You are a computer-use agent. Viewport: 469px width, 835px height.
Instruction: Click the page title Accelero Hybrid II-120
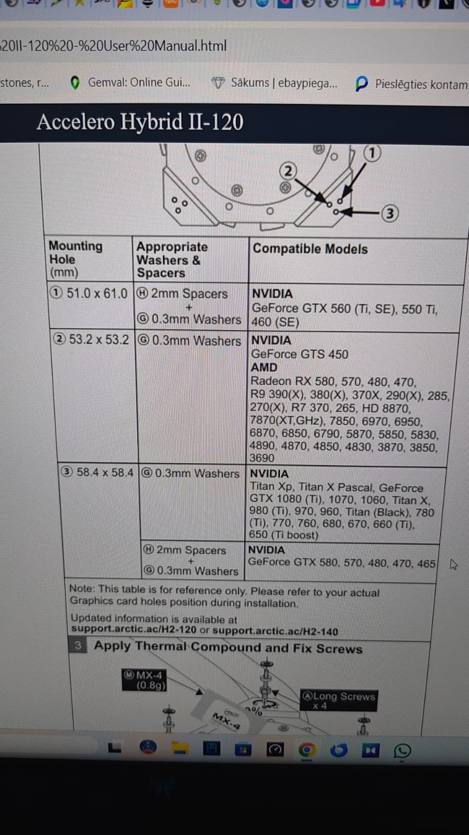tap(140, 122)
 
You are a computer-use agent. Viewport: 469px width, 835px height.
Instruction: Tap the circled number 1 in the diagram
tap(372, 153)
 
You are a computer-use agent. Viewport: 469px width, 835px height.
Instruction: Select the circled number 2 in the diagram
tap(288, 171)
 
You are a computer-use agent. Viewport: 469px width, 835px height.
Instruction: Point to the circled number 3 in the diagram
tap(390, 214)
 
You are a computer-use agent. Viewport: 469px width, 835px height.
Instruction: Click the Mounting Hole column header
tap(76, 258)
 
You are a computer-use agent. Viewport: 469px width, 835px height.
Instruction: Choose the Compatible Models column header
tap(310, 249)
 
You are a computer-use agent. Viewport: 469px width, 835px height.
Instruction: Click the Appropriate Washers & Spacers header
tap(172, 260)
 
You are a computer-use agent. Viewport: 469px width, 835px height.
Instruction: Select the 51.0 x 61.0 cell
tap(89, 293)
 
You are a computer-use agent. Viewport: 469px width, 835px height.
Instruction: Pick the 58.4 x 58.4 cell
tap(97, 472)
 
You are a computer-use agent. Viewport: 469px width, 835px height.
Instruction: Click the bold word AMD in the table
tap(264, 367)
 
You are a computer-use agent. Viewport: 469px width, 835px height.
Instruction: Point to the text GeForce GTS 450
tap(299, 354)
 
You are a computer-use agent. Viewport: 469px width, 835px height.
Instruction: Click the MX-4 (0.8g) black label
tap(144, 680)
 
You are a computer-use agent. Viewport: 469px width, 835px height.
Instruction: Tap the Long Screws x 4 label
tap(339, 700)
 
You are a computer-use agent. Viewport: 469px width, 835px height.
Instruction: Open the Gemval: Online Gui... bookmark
tap(130, 83)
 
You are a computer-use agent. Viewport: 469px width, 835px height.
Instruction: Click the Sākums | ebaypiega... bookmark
tap(274, 83)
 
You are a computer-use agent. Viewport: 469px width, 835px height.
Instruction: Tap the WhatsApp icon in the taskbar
tap(402, 750)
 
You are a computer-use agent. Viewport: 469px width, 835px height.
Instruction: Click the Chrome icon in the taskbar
tap(307, 749)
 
